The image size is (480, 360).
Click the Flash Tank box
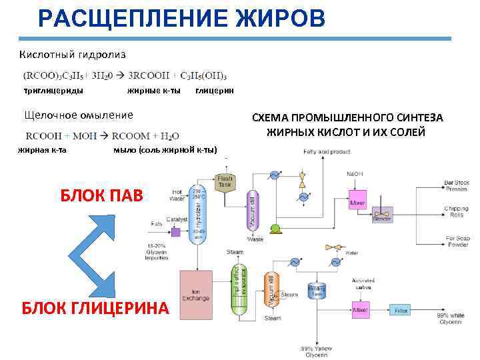tap(224, 181)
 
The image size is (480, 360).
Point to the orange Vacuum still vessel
tap(271, 288)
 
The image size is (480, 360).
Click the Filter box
tap(401, 311)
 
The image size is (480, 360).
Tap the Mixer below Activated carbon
tap(360, 310)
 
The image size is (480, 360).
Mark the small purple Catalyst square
tap(176, 232)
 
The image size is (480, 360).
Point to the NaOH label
tap(354, 175)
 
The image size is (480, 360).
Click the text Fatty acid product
tap(327, 152)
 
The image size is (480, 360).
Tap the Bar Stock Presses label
tap(457, 185)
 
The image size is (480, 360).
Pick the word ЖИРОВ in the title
tap(279, 19)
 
